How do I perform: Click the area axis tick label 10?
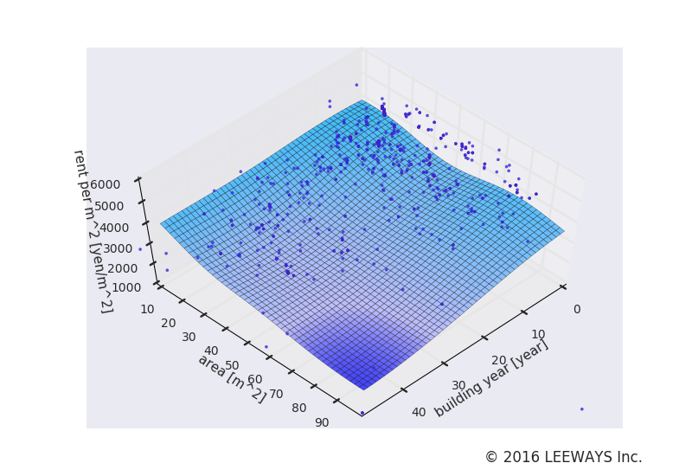point(147,309)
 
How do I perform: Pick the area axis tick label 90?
point(322,422)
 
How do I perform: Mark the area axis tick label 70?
point(277,395)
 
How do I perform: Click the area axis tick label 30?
point(189,337)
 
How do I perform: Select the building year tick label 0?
point(577,309)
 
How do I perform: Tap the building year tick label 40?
point(419,412)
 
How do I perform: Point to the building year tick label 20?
point(499,360)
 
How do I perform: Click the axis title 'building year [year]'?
point(491,378)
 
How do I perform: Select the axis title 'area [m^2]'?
point(232,378)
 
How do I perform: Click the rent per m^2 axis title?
point(92,231)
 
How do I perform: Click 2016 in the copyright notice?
point(519,457)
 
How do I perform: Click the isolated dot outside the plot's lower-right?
point(581,408)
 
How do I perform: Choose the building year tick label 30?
point(458,386)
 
